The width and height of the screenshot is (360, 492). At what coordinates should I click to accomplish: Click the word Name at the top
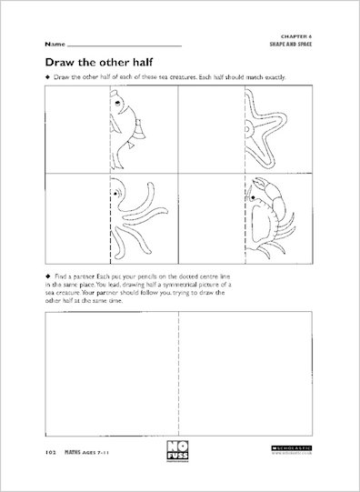click(x=53, y=44)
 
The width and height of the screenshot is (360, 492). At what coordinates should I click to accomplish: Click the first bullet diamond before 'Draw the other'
click(x=48, y=78)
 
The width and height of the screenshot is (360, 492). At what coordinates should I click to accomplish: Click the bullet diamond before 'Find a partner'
click(x=48, y=274)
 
